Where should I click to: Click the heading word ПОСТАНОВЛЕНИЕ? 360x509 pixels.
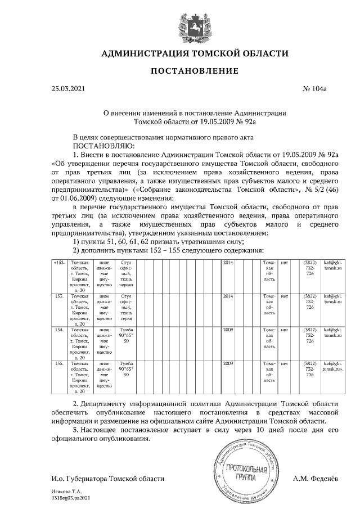pos(194,71)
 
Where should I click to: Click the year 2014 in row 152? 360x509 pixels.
pos(228,263)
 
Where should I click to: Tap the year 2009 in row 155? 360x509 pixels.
pos(228,364)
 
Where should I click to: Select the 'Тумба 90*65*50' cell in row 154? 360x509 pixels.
pos(126,335)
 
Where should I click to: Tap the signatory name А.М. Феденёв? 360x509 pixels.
pos(316,479)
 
